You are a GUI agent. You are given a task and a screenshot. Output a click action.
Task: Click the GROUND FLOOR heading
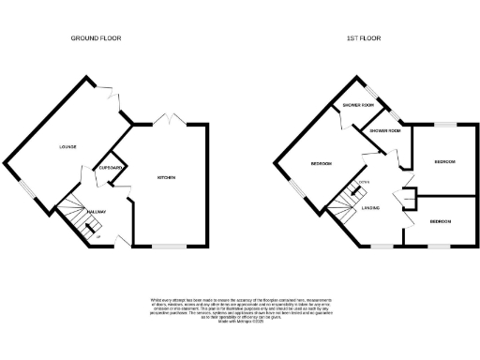pyautogui.click(x=97, y=38)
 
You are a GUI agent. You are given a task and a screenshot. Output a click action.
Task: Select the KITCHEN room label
pyautogui.click(x=168, y=176)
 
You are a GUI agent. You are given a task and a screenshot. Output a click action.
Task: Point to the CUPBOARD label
pyautogui.click(x=111, y=169)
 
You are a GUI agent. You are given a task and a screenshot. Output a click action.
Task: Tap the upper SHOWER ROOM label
pyautogui.click(x=356, y=106)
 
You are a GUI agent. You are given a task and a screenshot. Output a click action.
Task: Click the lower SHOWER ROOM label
pyautogui.click(x=384, y=131)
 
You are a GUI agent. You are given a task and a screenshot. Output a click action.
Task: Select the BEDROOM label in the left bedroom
pyautogui.click(x=322, y=164)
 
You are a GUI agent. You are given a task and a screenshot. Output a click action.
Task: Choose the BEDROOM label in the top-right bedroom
pyautogui.click(x=444, y=162)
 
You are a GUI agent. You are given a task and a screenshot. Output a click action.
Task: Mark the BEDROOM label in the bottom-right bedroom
pyautogui.click(x=441, y=221)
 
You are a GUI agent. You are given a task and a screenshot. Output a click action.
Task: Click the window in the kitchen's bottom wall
pyautogui.click(x=169, y=247)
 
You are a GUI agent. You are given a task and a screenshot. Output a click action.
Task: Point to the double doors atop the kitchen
pyautogui.click(x=169, y=120)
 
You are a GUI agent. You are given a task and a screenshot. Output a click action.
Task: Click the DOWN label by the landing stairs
pyautogui.click(x=361, y=182)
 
